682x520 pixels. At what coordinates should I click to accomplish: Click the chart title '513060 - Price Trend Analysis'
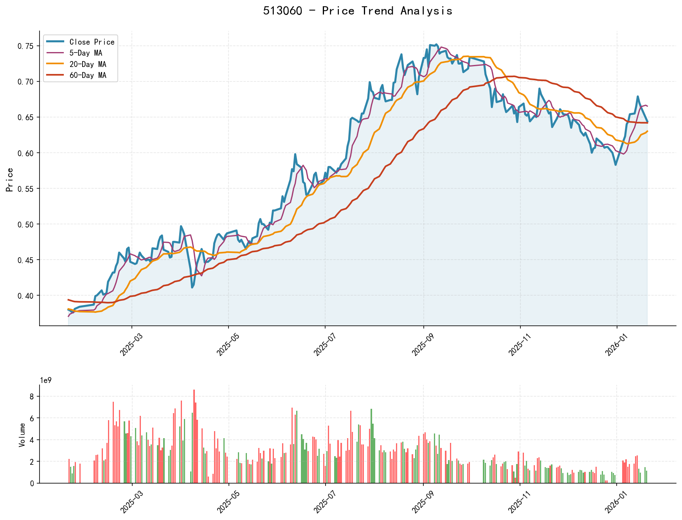pos(358,11)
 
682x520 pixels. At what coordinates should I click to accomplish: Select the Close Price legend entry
pos(92,42)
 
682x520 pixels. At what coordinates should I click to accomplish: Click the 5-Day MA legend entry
pos(86,53)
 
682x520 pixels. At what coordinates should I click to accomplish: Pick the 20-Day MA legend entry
pos(88,64)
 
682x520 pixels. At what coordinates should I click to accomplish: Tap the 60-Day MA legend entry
pos(88,75)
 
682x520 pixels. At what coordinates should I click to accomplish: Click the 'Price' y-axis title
pos(10,180)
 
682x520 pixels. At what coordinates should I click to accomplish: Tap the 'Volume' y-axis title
pos(22,435)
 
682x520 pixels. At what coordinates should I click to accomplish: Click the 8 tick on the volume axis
pos(32,397)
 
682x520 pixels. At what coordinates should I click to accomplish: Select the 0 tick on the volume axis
pos(32,484)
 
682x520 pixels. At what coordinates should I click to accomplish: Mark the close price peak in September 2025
pos(437,44)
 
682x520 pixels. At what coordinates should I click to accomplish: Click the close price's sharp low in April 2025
pos(192,287)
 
